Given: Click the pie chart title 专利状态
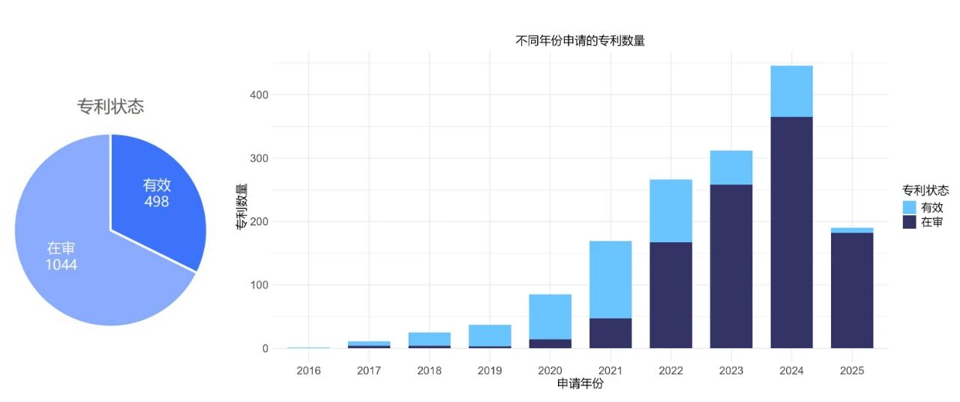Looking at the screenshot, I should click(x=110, y=106).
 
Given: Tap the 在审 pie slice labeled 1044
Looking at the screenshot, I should click(x=61, y=256).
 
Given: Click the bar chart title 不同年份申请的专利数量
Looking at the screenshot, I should click(x=580, y=41).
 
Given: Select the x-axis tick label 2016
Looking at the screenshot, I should click(x=308, y=370).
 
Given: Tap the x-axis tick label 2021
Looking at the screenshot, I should click(x=610, y=370).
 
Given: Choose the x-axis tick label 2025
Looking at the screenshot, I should click(x=852, y=370).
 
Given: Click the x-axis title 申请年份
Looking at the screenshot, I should click(x=580, y=384).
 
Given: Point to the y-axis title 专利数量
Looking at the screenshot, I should click(x=241, y=206).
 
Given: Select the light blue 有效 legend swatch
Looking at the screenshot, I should click(x=910, y=207).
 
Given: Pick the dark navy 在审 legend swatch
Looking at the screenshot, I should click(x=910, y=222).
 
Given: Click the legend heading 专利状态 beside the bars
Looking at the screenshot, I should click(x=925, y=190).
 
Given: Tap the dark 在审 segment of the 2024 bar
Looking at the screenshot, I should click(x=791, y=232).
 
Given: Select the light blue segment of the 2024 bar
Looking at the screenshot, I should click(x=791, y=91).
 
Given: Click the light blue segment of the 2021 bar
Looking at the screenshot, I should click(x=610, y=279).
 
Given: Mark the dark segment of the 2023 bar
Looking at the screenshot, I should click(x=731, y=266).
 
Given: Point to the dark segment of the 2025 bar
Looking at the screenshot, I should click(x=852, y=290).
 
